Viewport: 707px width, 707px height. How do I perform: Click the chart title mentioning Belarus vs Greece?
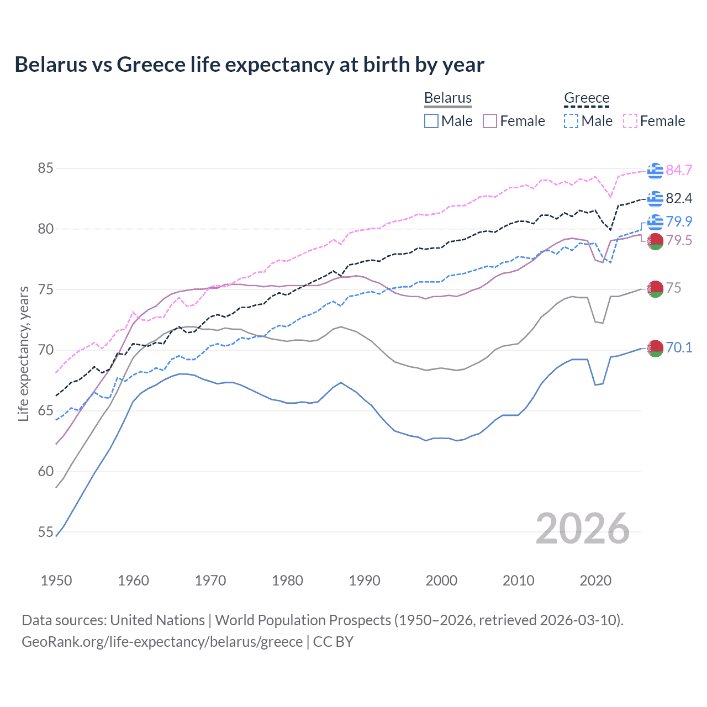tap(249, 65)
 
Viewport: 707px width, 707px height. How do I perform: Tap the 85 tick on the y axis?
tap(45, 168)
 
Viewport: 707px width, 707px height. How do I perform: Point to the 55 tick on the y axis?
tap(45, 532)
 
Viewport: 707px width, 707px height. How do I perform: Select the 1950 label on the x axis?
tap(56, 581)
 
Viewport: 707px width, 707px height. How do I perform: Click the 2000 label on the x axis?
tap(441, 581)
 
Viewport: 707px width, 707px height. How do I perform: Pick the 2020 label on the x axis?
tap(595, 581)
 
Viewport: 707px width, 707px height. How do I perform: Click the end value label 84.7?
tap(679, 171)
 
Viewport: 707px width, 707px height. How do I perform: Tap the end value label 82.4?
tap(679, 198)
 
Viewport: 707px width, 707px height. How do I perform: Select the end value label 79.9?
tap(679, 221)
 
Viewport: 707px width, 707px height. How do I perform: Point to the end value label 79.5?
tap(679, 241)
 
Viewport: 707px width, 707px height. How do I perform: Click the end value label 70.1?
tap(679, 348)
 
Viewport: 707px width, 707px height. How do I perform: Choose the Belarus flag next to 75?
tap(655, 288)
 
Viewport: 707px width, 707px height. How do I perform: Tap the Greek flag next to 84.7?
tap(655, 171)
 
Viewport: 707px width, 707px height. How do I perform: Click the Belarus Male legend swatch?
tap(431, 121)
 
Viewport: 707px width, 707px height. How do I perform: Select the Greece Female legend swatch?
tap(630, 121)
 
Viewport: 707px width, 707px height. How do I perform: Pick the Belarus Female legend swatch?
tap(490, 121)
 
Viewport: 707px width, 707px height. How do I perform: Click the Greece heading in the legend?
tap(587, 98)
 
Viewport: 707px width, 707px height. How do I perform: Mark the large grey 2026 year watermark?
tap(583, 529)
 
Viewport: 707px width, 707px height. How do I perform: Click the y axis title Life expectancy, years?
tap(24, 353)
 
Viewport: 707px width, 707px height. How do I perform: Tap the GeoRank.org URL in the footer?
tap(162, 642)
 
